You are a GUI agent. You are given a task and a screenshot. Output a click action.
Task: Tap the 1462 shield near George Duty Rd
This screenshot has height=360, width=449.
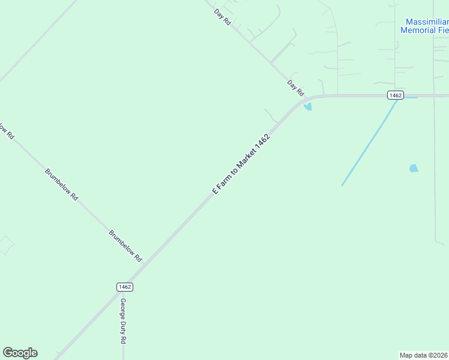[x=125, y=287]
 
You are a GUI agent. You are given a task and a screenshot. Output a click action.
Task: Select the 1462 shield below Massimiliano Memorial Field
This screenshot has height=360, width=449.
[x=395, y=95]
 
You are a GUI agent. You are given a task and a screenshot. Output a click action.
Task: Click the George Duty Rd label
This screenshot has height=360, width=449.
[x=123, y=320]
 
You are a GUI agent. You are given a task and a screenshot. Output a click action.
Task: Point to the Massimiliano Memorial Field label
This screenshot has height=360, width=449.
[x=424, y=26]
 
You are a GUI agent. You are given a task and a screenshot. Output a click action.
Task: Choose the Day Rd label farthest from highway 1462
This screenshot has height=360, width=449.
[x=223, y=16]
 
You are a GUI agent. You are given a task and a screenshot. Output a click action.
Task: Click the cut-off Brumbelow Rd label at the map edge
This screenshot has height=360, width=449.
[x=6, y=131]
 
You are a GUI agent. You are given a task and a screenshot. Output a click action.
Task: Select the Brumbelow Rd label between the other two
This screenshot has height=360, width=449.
[x=62, y=184]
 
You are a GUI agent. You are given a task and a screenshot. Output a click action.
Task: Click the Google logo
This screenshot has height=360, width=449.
[x=20, y=353]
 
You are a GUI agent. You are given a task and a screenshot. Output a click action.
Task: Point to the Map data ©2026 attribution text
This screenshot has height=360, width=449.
[x=424, y=355]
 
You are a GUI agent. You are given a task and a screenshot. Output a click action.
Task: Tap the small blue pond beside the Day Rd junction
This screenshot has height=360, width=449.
[x=308, y=107]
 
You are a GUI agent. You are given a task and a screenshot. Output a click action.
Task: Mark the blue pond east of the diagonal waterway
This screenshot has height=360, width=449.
[x=414, y=169]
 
